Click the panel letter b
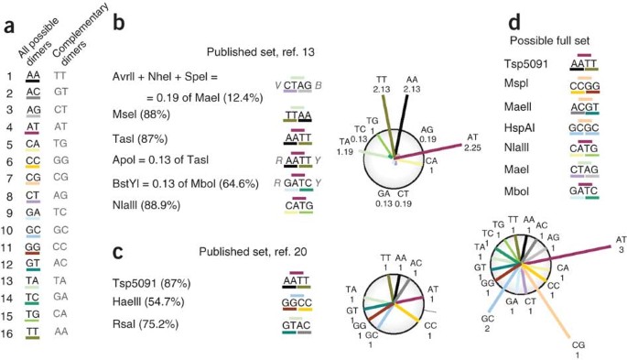coord(119,23)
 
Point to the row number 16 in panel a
coord(9,332)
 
